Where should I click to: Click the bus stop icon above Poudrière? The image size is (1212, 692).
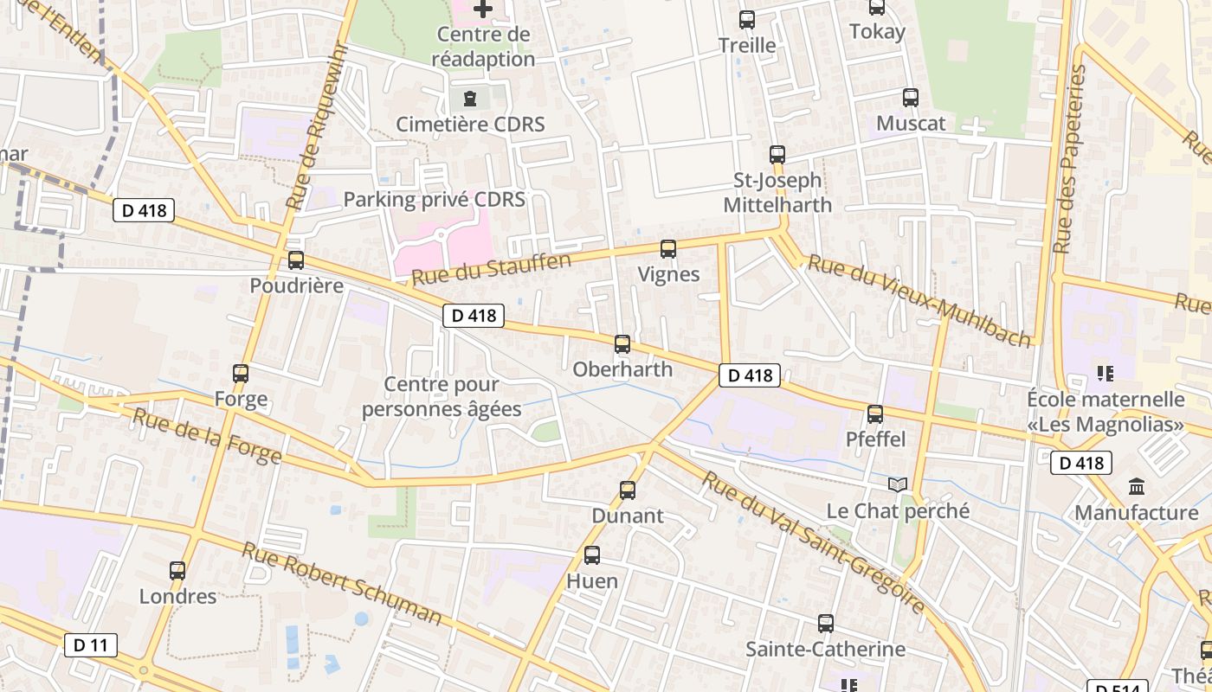point(296,259)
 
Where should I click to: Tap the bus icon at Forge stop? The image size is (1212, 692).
point(241,374)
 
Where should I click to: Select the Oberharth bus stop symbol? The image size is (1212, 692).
point(622,343)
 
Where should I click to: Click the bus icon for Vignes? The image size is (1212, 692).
point(668,249)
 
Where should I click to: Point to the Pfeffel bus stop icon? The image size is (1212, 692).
point(875,413)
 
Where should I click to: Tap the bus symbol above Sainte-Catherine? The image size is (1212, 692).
point(826,623)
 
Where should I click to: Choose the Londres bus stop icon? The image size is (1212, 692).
point(177,570)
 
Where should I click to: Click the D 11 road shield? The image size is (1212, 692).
point(90,644)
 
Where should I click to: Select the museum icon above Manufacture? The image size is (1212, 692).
point(1137,487)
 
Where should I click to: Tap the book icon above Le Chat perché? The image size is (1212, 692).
point(898,484)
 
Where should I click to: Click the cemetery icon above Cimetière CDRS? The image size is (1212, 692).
point(470,98)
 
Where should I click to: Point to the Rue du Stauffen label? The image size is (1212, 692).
point(492,269)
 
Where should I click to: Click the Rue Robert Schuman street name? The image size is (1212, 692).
point(341,584)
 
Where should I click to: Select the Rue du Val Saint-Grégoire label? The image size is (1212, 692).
point(813,542)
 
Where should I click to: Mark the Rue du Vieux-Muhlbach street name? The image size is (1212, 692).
point(920,299)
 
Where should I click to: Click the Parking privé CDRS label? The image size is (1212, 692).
point(435,199)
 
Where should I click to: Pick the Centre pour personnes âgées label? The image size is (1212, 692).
point(442,396)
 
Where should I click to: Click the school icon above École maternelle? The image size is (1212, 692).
point(1105,374)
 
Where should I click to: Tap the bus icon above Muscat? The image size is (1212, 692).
point(911,98)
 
